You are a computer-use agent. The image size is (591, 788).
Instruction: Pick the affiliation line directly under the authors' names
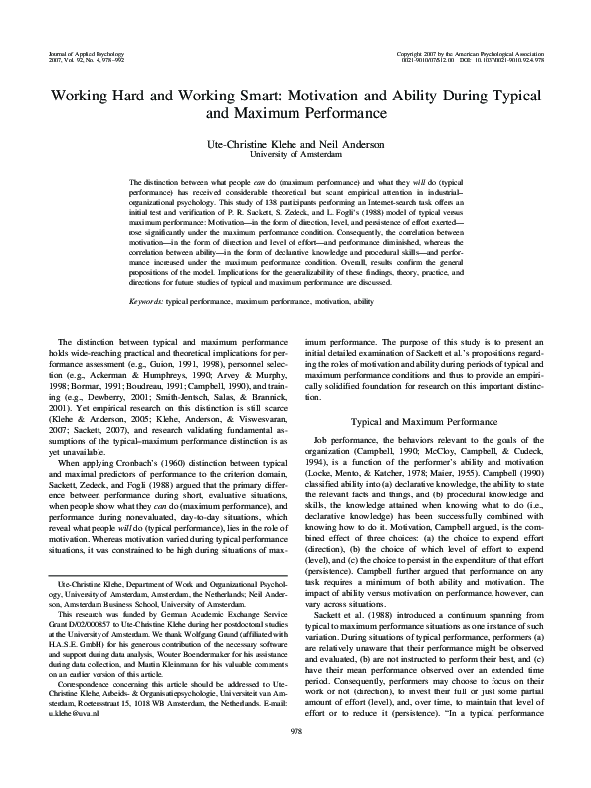pos(295,155)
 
